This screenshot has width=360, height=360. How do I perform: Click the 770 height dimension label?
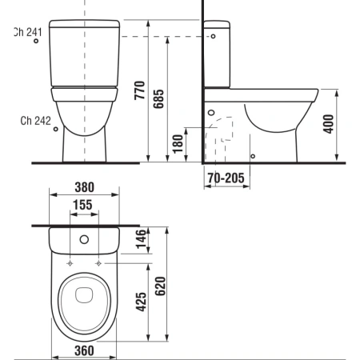[x=139, y=90]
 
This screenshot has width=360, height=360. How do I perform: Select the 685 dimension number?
[x=158, y=98]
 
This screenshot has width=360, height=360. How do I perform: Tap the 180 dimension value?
[x=178, y=144]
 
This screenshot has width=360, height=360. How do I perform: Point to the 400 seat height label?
[x=328, y=124]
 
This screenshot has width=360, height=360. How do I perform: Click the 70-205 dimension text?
[x=226, y=178]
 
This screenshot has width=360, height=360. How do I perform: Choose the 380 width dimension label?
[x=85, y=187]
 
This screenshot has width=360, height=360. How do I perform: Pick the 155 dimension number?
[x=82, y=205]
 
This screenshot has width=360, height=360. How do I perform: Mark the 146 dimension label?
[x=142, y=238]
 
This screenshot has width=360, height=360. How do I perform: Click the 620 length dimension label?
[x=160, y=286]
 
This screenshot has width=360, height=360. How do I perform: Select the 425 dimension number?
[x=142, y=302]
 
